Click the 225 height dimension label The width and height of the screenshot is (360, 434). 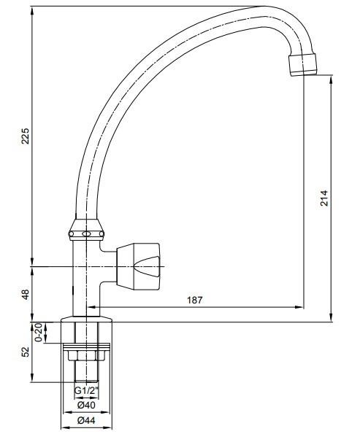26,136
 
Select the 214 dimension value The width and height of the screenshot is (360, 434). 323,198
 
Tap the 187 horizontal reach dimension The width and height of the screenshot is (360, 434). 195,300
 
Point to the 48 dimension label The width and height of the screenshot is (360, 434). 26,294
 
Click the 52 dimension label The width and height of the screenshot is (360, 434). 26,352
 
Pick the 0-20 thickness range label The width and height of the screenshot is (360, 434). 39,333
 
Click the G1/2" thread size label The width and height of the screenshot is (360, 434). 86,391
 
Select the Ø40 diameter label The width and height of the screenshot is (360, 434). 86,406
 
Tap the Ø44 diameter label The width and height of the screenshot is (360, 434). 86,420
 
